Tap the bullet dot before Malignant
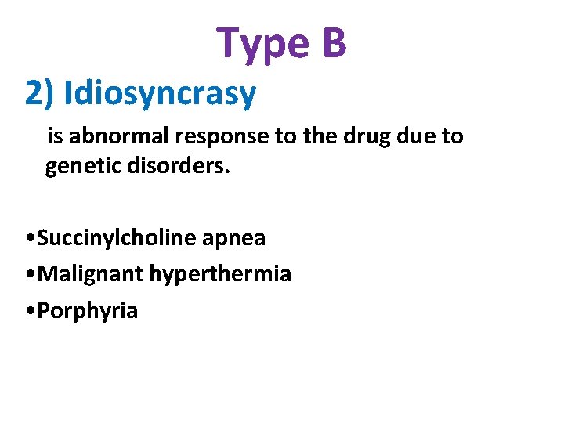[29, 275]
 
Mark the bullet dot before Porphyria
[29, 311]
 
